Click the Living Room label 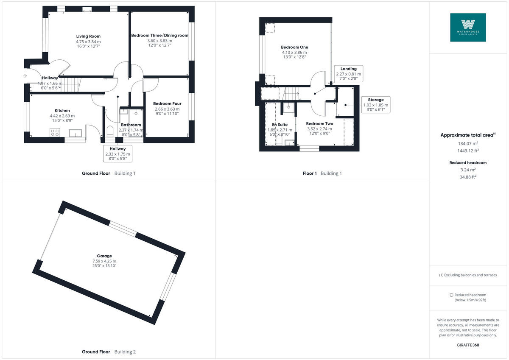[88, 36]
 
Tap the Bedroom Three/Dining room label [160, 36]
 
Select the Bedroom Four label [168, 104]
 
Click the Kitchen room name [62, 111]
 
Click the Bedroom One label [294, 47]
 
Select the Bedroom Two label [319, 124]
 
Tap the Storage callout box [375, 105]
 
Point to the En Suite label [280, 125]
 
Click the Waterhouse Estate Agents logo [468, 28]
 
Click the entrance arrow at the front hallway [25, 76]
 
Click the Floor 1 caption [310, 173]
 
